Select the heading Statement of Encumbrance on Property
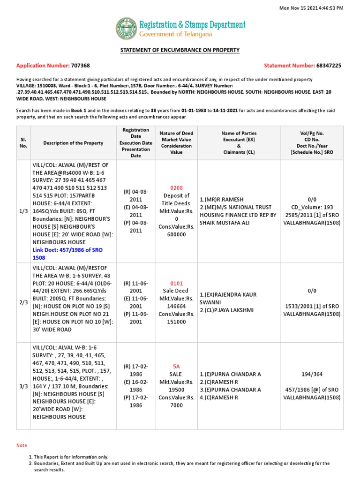tap(180, 50)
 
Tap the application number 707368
tap(80, 66)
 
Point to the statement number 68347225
tap(329, 66)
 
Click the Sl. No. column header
tap(23, 143)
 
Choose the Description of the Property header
tap(74, 143)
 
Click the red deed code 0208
tap(176, 188)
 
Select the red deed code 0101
tap(176, 284)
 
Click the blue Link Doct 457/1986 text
tap(67, 254)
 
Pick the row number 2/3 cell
tap(23, 303)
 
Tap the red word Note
tap(22, 445)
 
